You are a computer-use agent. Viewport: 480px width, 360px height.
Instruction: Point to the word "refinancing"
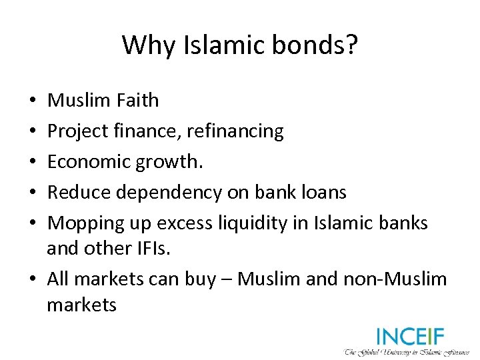tap(235, 131)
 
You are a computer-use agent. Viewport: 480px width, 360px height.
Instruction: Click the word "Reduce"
tap(80, 193)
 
